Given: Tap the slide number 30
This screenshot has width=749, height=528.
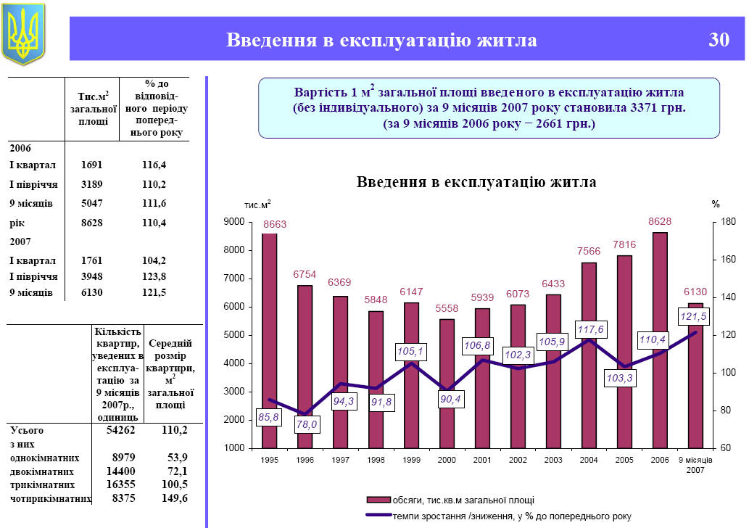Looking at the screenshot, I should tap(719, 41).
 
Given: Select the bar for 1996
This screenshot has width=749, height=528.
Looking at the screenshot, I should tap(305, 366).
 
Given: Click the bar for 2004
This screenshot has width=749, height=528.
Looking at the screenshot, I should tap(589, 355).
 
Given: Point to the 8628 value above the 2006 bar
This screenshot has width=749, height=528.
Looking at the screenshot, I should tap(659, 220).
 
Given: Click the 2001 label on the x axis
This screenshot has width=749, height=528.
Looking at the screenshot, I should tap(482, 461).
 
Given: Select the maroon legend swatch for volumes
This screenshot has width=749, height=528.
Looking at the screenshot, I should tap(378, 500).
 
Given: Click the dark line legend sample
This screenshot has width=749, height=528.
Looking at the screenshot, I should tap(378, 516).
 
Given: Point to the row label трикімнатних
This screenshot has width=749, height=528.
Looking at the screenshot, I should tap(44, 484).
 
